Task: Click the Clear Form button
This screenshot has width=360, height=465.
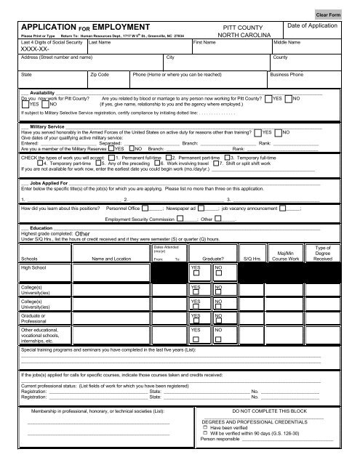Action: (x=339, y=15)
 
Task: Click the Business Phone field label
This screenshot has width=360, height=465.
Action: (x=287, y=74)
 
